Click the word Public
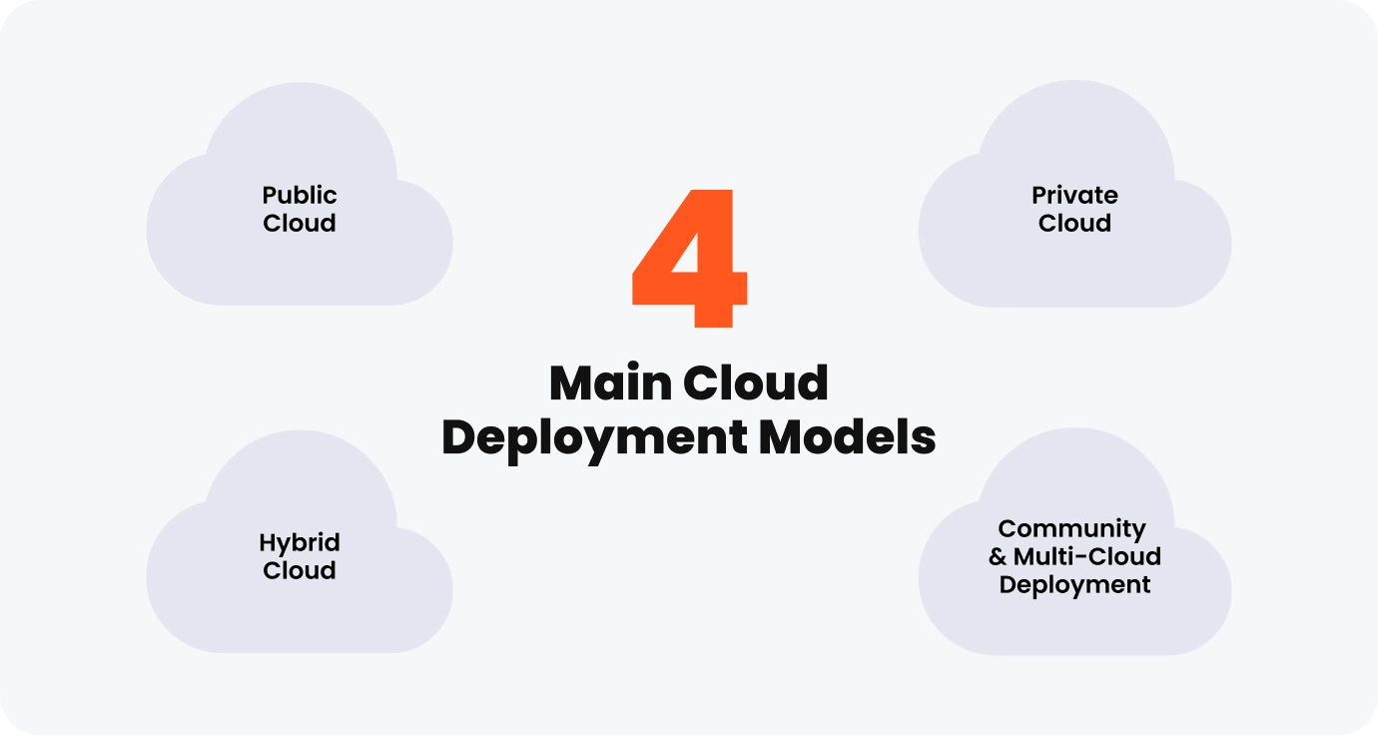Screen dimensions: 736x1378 300,195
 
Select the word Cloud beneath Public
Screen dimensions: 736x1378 300,223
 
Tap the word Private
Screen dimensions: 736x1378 1074,195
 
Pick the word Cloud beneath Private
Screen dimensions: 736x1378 1074,223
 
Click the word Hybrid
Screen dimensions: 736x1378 300,542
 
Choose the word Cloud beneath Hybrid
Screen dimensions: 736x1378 300,570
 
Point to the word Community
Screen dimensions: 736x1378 1071,528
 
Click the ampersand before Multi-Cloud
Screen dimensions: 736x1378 998,556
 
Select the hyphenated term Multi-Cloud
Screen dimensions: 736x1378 1086,556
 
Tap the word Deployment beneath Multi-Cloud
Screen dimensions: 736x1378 1074,584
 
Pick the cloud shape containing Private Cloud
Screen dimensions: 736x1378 1074,265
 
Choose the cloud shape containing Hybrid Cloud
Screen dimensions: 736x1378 300,609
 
